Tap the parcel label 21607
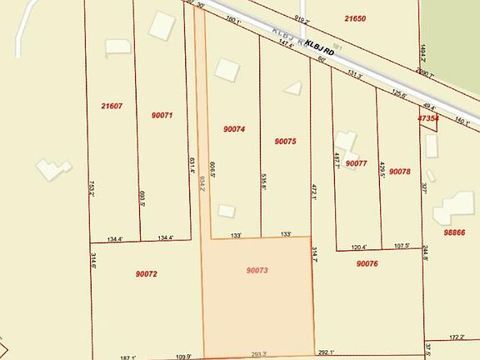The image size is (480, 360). coord(112,106)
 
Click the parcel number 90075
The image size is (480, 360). coord(285,142)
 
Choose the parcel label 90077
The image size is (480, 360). coord(357,163)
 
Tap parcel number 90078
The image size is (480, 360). coord(400,172)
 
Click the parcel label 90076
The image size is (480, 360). coord(367,263)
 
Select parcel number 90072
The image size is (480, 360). coord(146,272)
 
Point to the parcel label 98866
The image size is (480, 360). coord(455,232)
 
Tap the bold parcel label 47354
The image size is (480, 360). coord(428,119)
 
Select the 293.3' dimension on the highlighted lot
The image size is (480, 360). coord(258,354)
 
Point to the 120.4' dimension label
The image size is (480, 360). coord(360,247)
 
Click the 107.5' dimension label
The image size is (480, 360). coord(402,247)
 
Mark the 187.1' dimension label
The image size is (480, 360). coord(127,357)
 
